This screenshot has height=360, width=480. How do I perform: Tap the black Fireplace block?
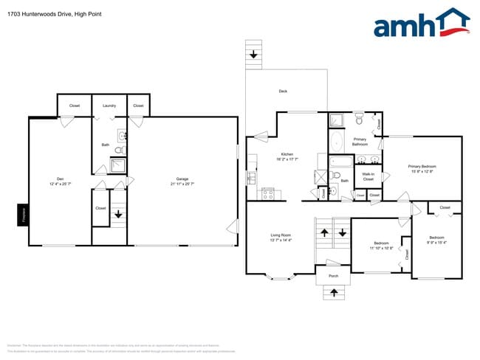tap(23, 215)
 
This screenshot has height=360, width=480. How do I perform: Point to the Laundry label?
tap(109, 106)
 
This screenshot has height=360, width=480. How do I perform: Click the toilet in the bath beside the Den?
tap(120, 150)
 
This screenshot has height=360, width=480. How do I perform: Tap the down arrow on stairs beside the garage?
tap(119, 215)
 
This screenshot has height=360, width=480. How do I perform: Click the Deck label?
tap(283, 91)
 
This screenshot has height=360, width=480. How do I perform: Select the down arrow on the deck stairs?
tap(253, 54)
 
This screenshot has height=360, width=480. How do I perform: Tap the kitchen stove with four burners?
tap(268, 194)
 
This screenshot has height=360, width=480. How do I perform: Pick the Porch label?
tap(333, 277)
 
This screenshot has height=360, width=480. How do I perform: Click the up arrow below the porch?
tap(333, 293)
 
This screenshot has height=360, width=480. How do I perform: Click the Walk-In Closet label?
tap(368, 177)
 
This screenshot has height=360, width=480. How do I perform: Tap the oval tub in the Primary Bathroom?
tap(336, 142)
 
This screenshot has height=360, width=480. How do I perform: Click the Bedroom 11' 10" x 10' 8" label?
tap(381, 245)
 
